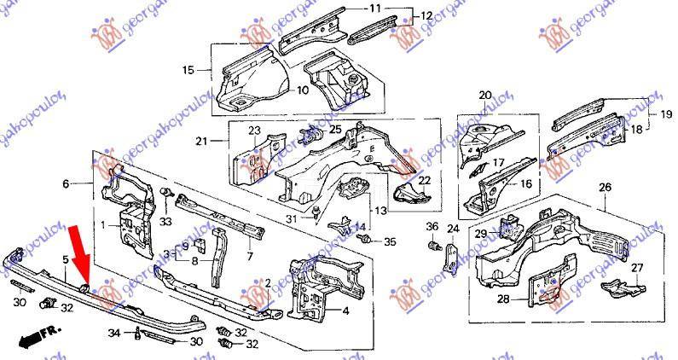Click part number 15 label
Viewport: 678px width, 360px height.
pos(188,70)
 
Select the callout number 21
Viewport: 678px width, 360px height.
pos(202,142)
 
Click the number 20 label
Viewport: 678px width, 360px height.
pos(485,95)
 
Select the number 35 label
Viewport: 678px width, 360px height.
pos(390,242)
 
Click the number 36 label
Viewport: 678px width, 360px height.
pos(432,227)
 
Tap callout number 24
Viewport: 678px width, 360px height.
pos(453,228)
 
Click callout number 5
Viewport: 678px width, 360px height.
pos(65,258)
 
